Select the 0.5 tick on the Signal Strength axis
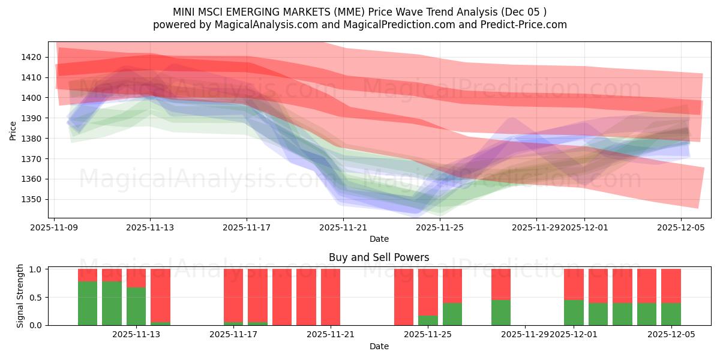(35, 297)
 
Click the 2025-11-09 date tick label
(55, 227)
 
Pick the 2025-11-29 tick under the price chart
(535, 227)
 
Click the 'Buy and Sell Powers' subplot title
(379, 257)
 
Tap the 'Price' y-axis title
(13, 130)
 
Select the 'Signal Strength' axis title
(20, 296)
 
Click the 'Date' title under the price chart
(379, 239)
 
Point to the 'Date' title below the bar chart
(379, 346)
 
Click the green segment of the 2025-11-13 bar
(136, 306)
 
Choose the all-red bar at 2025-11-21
(331, 297)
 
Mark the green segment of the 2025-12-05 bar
(671, 314)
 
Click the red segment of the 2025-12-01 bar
(574, 284)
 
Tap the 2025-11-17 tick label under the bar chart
(233, 334)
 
